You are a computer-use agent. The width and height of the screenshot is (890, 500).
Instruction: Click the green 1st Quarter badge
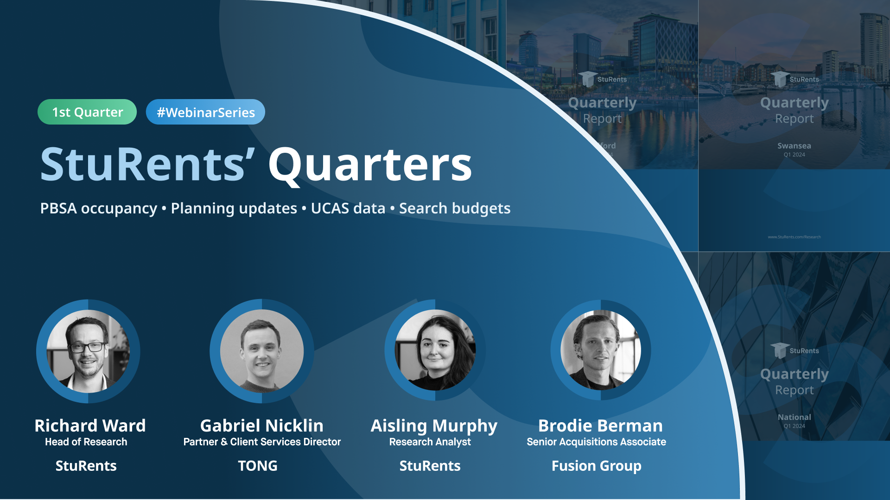click(87, 112)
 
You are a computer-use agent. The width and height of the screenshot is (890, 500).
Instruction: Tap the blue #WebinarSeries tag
click(205, 112)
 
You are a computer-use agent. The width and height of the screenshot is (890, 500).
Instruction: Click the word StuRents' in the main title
click(147, 164)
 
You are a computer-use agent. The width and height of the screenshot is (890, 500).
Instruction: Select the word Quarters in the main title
click(370, 164)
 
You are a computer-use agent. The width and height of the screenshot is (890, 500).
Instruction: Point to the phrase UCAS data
click(348, 208)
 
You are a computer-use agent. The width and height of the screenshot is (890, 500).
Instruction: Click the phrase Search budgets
click(455, 208)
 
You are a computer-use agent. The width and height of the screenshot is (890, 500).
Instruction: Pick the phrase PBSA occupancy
click(98, 208)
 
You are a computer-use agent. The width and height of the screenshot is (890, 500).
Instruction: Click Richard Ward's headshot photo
click(88, 351)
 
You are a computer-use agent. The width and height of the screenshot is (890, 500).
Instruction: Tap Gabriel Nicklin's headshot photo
click(262, 351)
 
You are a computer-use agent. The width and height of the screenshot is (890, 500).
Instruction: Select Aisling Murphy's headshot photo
click(435, 350)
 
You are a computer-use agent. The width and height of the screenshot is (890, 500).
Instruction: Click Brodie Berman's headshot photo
click(601, 350)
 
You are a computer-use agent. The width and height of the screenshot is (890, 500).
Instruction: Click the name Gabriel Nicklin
click(262, 425)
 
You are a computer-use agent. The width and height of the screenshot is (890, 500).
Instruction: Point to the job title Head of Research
click(86, 442)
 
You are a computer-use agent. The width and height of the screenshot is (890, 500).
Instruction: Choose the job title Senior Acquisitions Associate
click(596, 442)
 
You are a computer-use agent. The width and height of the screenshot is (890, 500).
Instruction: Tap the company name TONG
click(258, 466)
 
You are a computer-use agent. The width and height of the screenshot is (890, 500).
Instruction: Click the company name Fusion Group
click(596, 466)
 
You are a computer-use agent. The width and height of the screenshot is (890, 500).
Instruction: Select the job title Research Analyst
click(430, 442)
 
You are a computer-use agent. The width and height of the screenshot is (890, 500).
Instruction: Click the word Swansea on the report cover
click(794, 146)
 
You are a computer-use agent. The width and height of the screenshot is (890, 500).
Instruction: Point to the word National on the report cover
click(794, 417)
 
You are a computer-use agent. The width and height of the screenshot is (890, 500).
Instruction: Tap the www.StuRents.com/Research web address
click(794, 237)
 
